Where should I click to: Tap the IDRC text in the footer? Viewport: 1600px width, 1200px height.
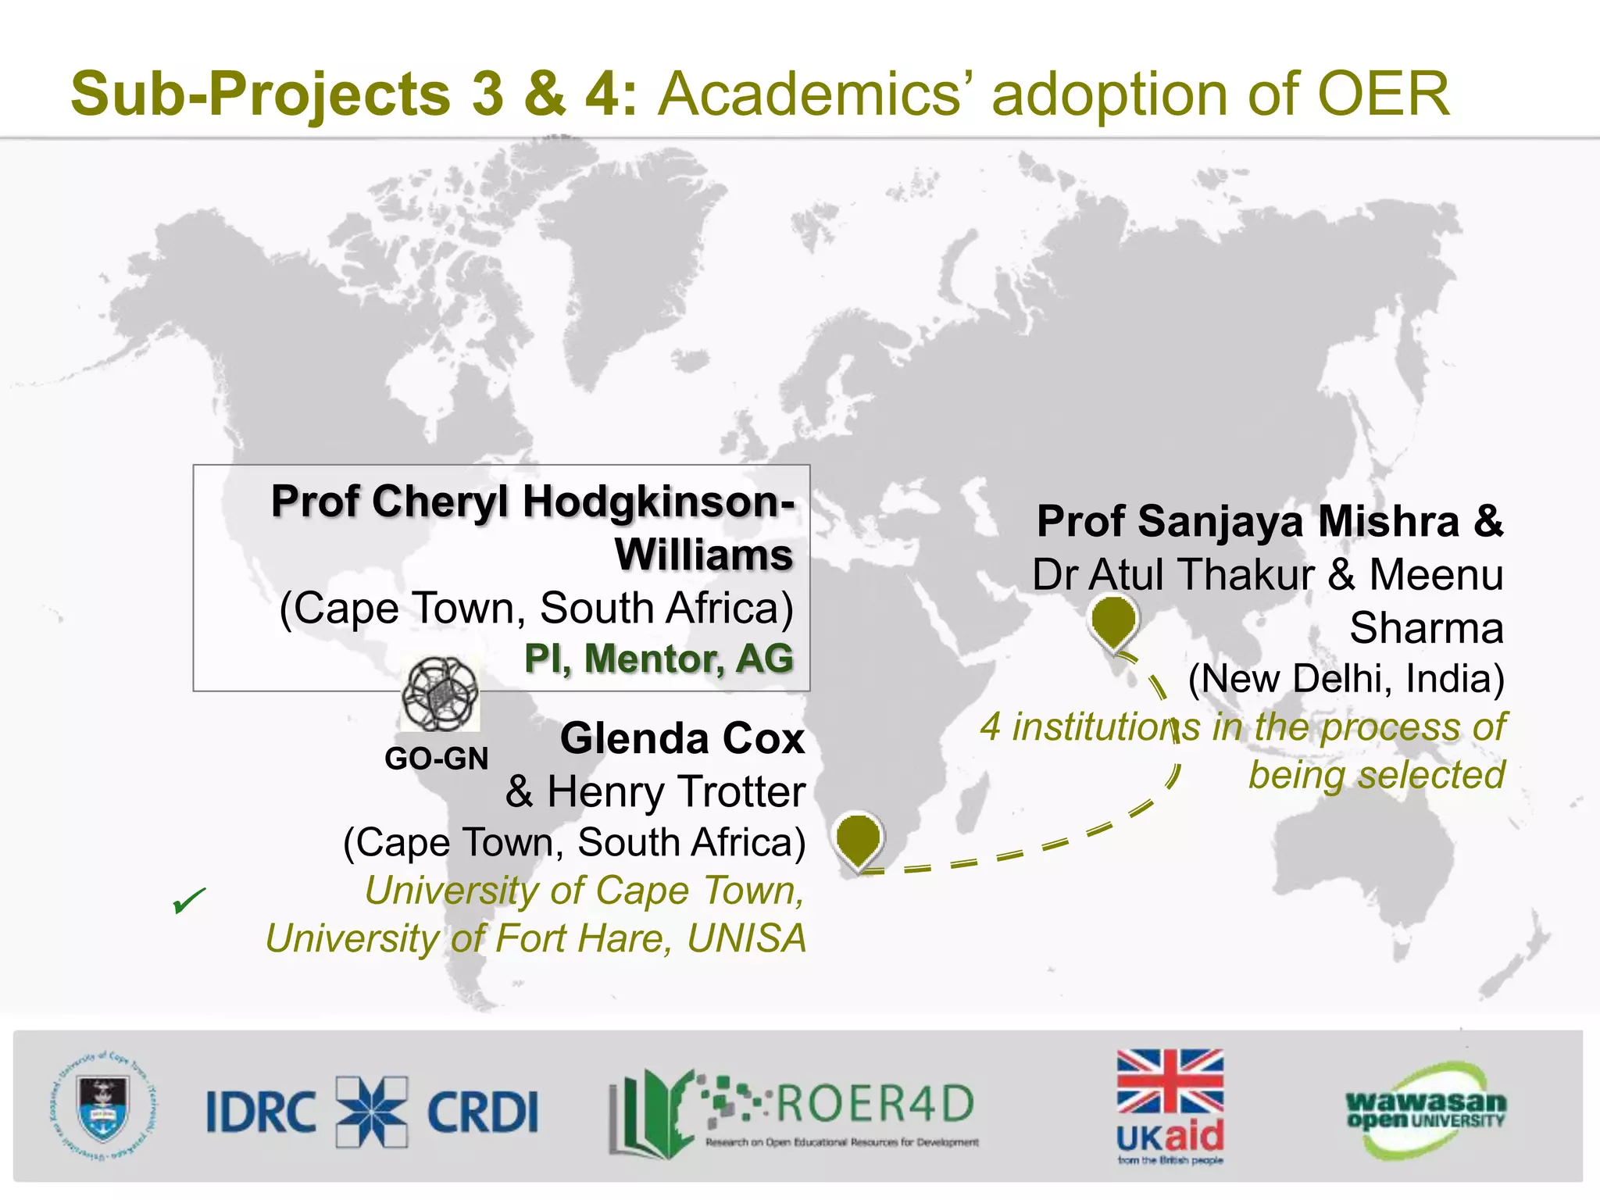pos(261,1112)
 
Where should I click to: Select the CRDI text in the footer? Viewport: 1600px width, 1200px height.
pos(483,1112)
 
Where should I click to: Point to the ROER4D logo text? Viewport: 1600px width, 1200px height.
pos(873,1103)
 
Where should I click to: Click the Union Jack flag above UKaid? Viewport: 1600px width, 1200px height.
pos(1170,1081)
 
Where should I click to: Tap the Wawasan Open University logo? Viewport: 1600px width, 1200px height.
pos(1425,1110)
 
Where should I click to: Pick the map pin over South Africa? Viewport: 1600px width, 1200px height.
pos(858,840)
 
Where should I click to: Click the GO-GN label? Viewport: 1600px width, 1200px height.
pos(436,759)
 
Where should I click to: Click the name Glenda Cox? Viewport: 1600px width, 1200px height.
pos(682,738)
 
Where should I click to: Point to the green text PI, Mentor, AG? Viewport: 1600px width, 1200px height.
pos(659,658)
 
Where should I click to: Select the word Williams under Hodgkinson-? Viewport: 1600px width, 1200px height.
pos(704,555)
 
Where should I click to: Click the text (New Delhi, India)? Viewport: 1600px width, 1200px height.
pos(1346,678)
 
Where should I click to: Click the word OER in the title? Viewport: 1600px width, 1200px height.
pos(1384,94)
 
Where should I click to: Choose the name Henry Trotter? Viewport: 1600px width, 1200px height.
pos(676,791)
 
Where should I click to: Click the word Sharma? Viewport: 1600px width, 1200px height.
pos(1427,627)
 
